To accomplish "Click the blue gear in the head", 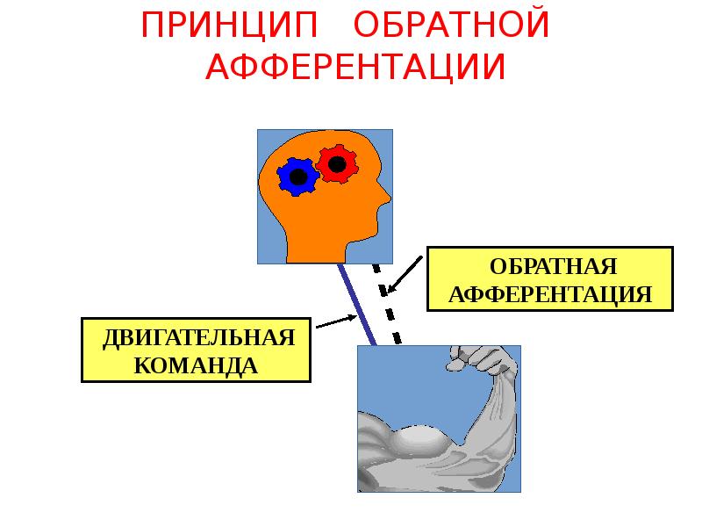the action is (x=297, y=177).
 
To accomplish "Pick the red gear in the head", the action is (x=335, y=164).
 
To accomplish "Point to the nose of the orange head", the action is (x=388, y=195).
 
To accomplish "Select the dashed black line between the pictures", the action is (x=387, y=303).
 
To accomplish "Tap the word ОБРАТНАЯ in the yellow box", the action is (x=550, y=266).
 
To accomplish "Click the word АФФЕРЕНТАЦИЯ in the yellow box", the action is (x=550, y=293).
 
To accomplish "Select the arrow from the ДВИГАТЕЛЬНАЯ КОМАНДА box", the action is (x=334, y=322).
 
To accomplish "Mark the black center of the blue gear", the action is (x=298, y=177).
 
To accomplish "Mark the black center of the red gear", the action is (x=335, y=163).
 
